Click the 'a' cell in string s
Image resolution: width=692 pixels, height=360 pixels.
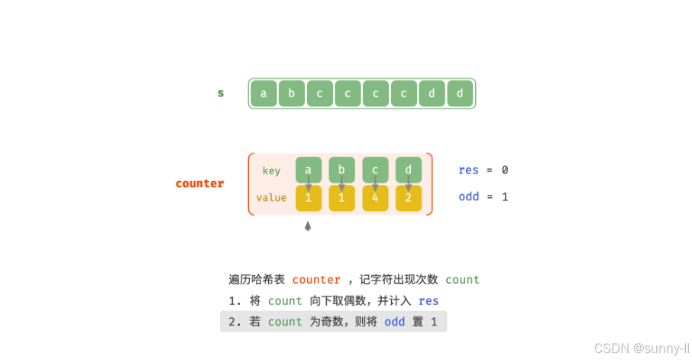[x=264, y=93]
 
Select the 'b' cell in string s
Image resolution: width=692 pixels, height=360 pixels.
[x=291, y=93]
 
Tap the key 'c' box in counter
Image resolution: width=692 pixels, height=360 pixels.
[x=375, y=170]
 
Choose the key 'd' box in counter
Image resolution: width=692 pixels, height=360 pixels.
[x=409, y=170]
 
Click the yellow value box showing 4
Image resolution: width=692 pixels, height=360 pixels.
[x=375, y=198]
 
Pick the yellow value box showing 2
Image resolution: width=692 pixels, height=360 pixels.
[x=409, y=198]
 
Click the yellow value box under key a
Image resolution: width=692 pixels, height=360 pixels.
[x=308, y=198]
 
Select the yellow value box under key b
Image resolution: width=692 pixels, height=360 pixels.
[x=341, y=198]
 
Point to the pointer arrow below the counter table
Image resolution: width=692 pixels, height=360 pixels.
[x=308, y=226]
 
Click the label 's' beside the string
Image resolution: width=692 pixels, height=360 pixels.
[x=221, y=93]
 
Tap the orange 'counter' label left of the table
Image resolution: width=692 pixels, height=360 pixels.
[x=200, y=183]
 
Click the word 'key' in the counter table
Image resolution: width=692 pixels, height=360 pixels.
[x=271, y=170]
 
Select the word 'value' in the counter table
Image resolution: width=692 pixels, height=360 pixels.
[x=271, y=198]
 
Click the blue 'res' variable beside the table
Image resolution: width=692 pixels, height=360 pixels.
[x=468, y=170]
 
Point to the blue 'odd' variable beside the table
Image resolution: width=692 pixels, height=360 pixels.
[x=468, y=197]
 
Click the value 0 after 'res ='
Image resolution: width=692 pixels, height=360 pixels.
[x=505, y=170]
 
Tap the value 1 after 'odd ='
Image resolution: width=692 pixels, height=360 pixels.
[x=505, y=197]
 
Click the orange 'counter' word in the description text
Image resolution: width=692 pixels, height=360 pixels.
[x=316, y=280]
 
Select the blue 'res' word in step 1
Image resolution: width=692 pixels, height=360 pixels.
[x=428, y=301]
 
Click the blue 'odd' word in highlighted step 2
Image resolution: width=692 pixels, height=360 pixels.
[x=395, y=322]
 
